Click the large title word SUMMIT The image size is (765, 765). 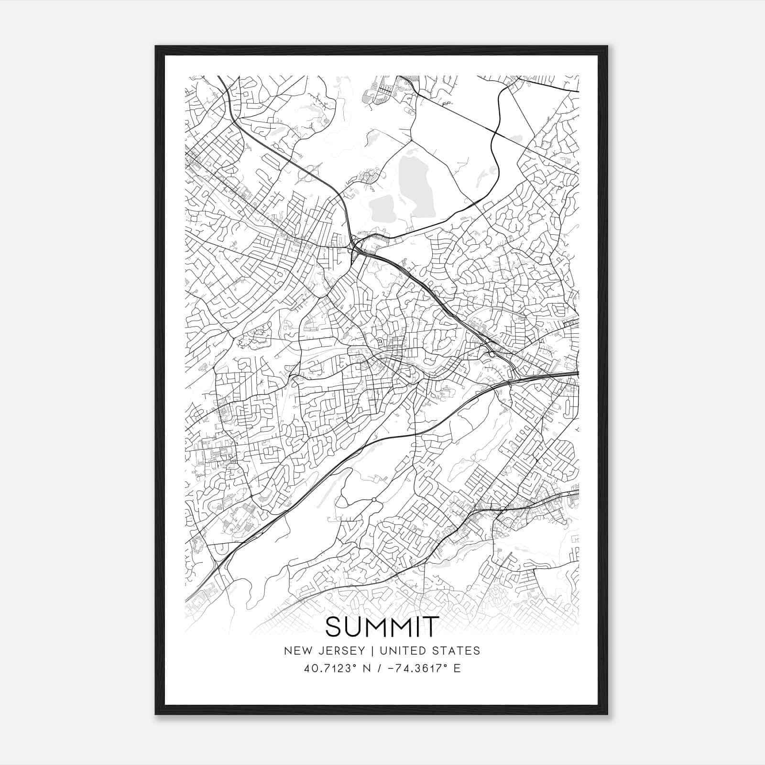382,627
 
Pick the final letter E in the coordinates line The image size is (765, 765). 457,668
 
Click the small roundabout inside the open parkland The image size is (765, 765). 374,500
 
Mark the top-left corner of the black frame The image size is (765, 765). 156,46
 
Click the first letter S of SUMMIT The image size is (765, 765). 334,627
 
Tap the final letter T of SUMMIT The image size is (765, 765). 431,627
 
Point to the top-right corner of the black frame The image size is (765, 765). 607,46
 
